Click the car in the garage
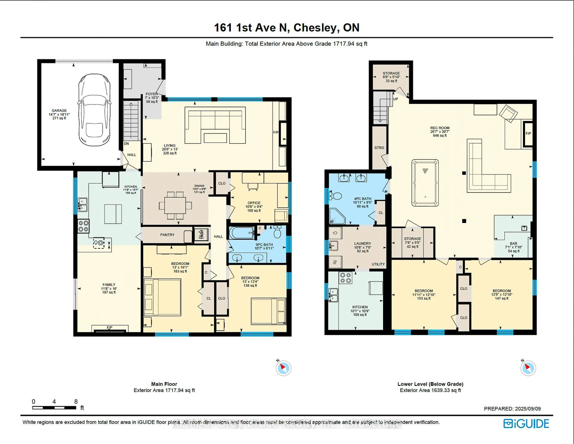point(94,110)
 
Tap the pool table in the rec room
point(425,183)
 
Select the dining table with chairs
point(175,205)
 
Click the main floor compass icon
point(283,368)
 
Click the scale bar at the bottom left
point(54,407)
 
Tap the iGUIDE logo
point(526,424)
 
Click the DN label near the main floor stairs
point(126,144)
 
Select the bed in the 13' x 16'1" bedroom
point(162,297)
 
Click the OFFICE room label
point(254,203)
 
